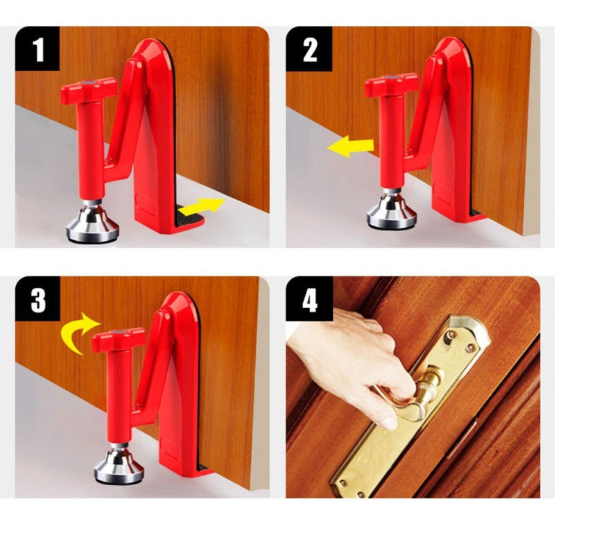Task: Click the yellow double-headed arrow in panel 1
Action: (x=201, y=206)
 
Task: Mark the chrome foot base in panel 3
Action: (x=119, y=468)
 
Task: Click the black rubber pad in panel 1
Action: (x=188, y=219)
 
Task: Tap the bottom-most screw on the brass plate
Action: (x=360, y=494)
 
